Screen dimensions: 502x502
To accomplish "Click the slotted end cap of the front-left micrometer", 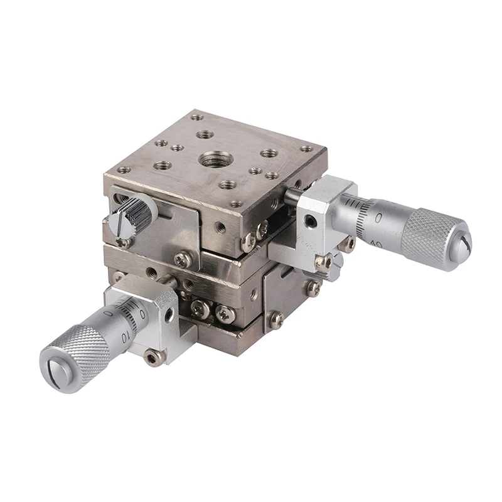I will [x=53, y=370].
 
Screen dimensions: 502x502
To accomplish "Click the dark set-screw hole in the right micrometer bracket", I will [x=309, y=221].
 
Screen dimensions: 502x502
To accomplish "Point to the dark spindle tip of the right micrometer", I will [x=290, y=196].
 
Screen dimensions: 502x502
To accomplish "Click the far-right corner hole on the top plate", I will [x=306, y=149].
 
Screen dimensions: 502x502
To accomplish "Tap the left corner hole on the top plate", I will [x=124, y=169].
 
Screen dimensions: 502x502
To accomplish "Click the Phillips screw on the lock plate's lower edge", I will [x=183, y=259].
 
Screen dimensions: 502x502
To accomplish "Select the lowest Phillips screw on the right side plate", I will [x=275, y=319].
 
